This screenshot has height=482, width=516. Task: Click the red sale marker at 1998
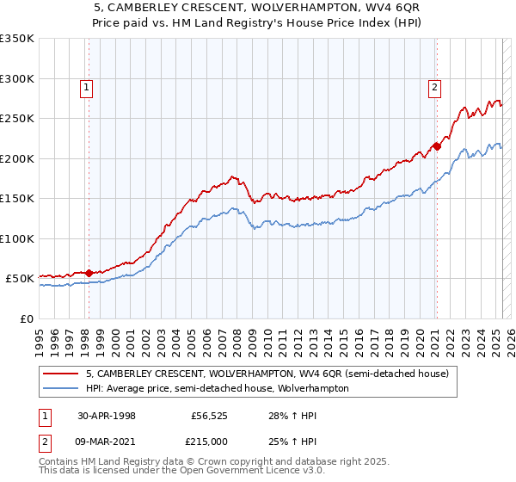[x=89, y=274]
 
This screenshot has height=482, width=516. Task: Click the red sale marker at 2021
[x=436, y=146]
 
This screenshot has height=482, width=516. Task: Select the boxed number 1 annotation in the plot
[x=89, y=86]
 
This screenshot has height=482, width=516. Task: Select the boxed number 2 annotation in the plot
[x=436, y=86]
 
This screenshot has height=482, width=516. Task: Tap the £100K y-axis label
[x=17, y=238]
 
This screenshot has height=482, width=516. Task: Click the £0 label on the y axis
[x=25, y=318]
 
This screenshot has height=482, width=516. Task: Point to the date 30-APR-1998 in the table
[x=107, y=415]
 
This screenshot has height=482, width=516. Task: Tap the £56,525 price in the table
[x=209, y=415]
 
